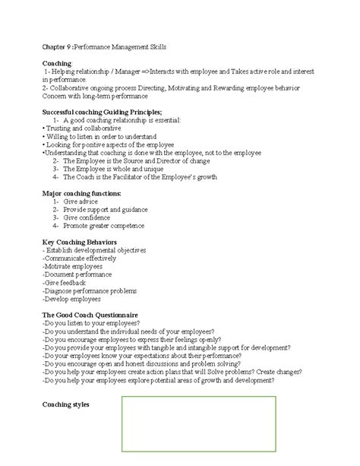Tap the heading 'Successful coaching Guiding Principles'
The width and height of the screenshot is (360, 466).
tap(102, 112)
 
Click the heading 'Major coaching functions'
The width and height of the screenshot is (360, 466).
tap(82, 194)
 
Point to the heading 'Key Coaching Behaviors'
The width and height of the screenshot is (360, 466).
tap(81, 242)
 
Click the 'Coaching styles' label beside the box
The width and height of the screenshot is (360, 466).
tap(67, 404)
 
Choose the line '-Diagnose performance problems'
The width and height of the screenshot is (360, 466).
tap(90, 290)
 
